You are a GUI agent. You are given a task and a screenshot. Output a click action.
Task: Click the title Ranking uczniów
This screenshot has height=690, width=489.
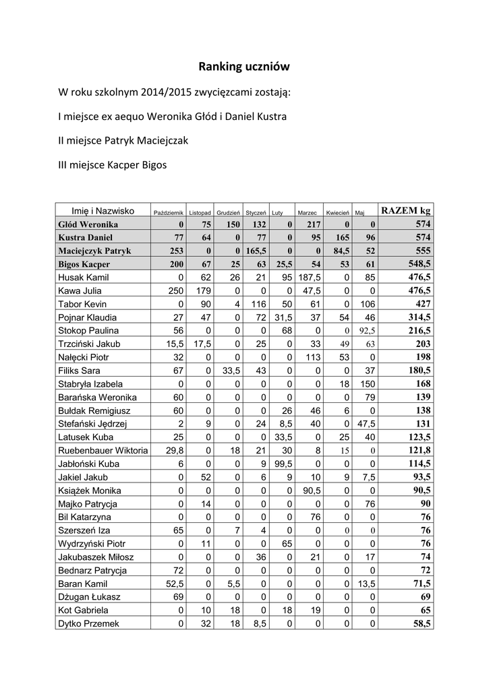click(243, 67)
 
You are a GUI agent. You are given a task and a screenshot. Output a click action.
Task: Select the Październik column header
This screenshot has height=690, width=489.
click(169, 212)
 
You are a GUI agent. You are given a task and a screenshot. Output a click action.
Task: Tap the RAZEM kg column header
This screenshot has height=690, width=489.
click(405, 211)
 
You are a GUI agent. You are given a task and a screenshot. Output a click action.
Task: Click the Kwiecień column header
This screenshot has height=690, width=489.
click(337, 212)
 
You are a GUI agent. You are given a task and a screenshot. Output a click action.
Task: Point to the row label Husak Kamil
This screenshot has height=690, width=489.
click(84, 277)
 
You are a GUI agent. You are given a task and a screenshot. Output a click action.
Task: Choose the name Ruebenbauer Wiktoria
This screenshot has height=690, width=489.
click(103, 450)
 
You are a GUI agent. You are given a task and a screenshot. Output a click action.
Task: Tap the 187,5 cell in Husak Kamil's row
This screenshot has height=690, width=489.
click(309, 277)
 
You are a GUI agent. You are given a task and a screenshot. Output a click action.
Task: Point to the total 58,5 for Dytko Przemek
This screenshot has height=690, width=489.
click(420, 624)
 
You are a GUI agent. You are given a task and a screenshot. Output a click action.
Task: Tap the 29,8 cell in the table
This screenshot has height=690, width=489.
click(174, 450)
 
